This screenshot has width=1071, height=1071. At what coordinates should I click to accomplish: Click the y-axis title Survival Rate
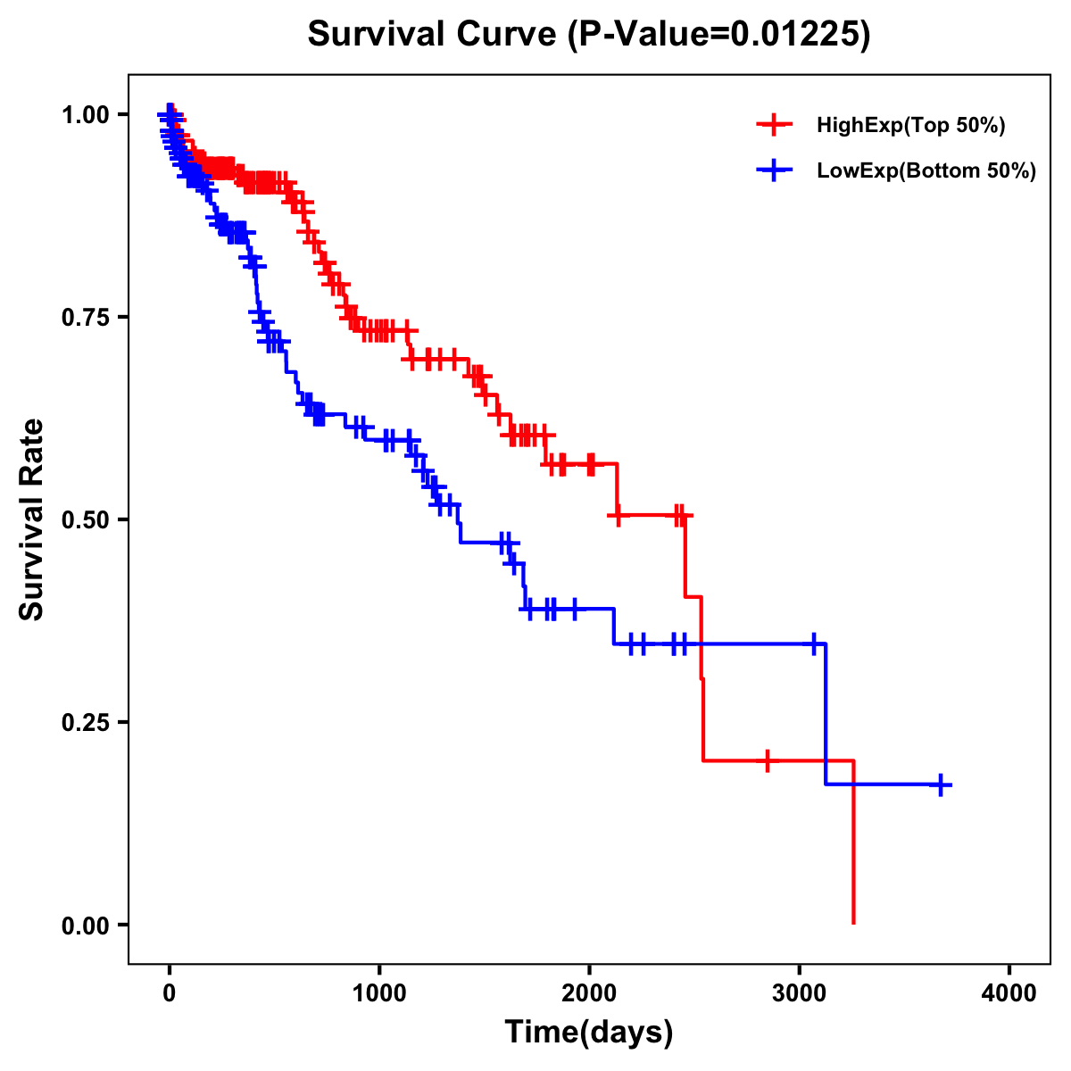click(x=32, y=519)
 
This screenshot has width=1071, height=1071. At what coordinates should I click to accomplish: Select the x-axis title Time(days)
click(x=589, y=1033)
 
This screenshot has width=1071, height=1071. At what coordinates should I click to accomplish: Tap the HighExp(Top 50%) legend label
click(x=910, y=126)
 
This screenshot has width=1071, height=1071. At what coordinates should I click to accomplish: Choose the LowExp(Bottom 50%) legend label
click(x=926, y=171)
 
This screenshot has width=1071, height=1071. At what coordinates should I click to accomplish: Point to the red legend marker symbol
click(x=774, y=126)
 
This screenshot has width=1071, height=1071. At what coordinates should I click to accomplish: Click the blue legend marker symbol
click(x=774, y=171)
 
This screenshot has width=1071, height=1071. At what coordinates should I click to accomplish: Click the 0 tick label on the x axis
click(x=170, y=993)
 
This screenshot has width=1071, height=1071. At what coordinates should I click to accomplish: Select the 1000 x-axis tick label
click(x=379, y=993)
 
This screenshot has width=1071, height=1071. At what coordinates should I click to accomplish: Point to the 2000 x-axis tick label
click(x=589, y=993)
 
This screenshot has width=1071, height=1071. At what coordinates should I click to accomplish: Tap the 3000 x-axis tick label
click(x=800, y=993)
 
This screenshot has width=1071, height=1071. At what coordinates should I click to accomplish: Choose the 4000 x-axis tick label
click(x=1009, y=993)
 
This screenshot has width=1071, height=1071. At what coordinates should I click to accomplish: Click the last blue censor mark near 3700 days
click(x=941, y=785)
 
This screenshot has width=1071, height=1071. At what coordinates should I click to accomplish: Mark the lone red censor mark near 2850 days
click(x=767, y=760)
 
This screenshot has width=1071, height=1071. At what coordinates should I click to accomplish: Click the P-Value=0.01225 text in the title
click(x=718, y=34)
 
